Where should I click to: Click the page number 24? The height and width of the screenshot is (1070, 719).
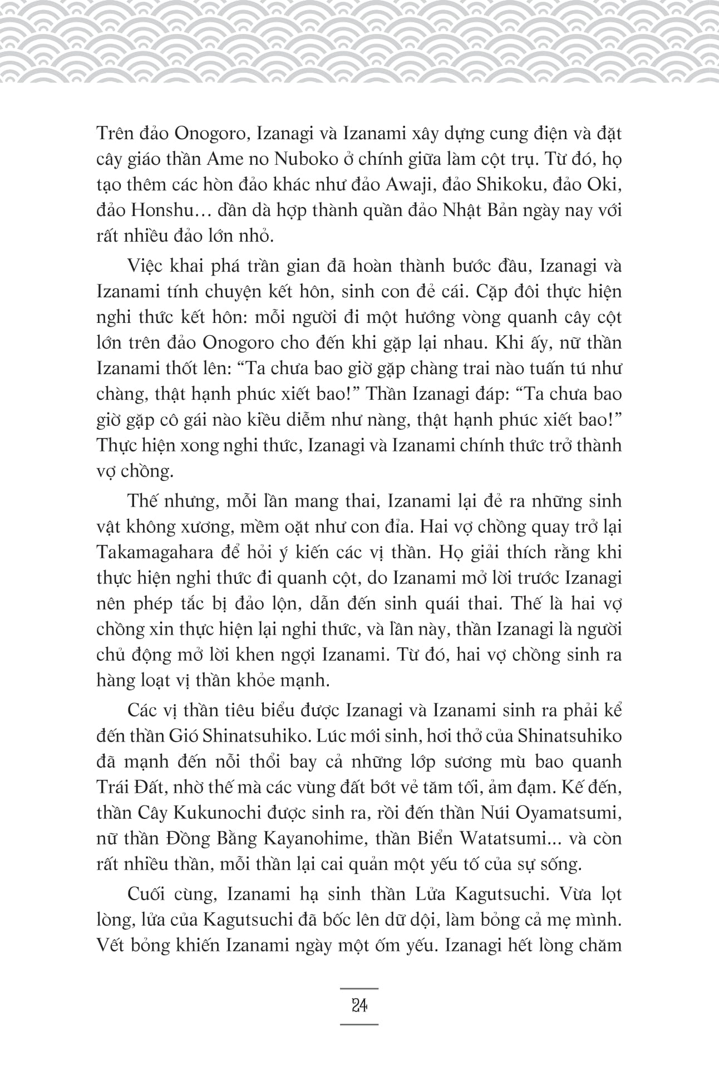click(x=359, y=1007)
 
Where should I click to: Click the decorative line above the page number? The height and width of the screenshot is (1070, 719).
click(x=359, y=988)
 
